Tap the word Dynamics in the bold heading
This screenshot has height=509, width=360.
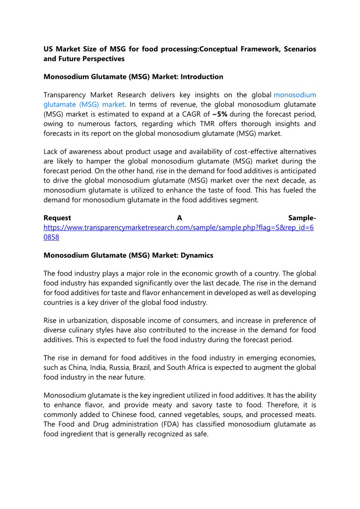197,255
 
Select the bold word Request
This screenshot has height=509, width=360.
57,218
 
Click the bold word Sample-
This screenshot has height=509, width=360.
302,218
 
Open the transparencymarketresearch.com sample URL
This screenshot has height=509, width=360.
178,228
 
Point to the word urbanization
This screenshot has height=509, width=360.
80,320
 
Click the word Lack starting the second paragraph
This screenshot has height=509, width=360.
51,151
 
